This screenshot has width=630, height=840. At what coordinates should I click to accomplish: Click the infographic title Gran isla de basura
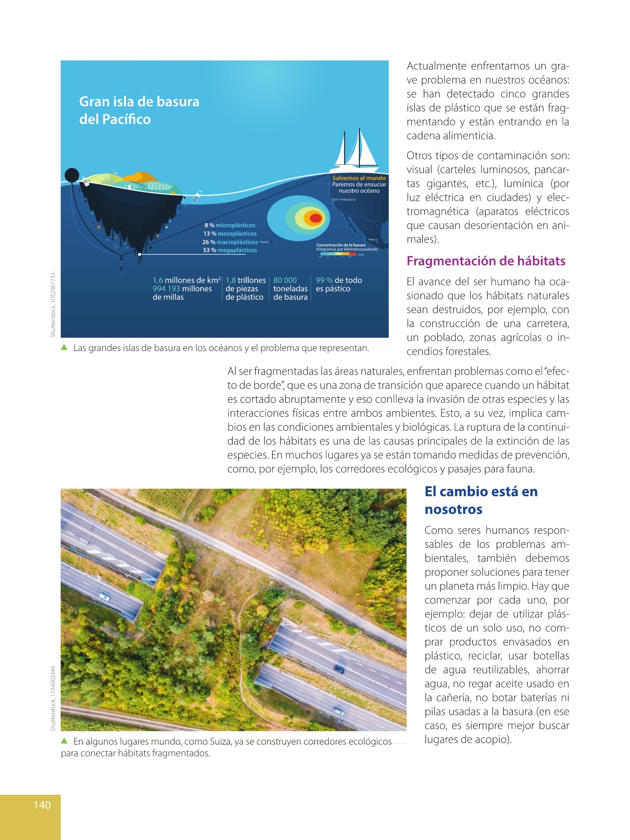139,102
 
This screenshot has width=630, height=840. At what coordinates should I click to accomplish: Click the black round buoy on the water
71,175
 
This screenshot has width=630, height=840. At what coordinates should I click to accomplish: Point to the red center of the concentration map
315,218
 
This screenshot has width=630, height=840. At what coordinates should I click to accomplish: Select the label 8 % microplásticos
230,225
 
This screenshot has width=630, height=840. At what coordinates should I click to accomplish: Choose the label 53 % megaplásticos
230,250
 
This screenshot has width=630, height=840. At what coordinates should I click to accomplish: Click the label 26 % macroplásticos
230,242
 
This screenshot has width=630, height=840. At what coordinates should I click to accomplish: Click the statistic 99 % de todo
339,280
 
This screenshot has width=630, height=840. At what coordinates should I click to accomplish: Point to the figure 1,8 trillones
245,280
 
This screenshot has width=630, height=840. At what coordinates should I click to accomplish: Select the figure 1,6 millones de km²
186,280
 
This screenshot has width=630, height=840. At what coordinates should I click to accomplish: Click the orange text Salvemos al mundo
359,178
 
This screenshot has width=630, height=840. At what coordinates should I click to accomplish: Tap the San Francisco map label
343,200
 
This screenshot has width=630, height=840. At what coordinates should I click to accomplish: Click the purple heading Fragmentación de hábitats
486,261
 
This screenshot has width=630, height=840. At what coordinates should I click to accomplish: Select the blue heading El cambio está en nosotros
481,500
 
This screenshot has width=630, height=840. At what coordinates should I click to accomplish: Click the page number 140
42,805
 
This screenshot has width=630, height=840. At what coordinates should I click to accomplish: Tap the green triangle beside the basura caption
64,347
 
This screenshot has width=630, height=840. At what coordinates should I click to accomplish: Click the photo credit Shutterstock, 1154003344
53,698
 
